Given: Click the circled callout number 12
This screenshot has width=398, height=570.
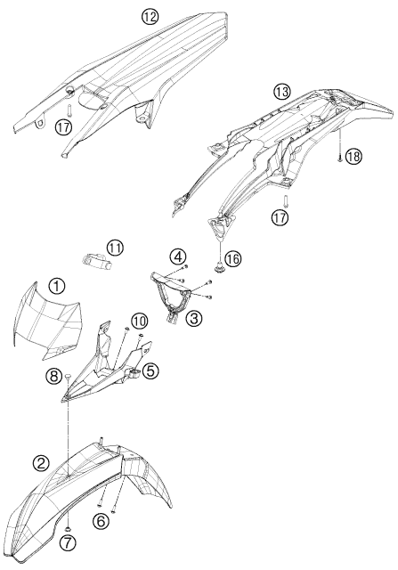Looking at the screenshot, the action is tap(150, 18).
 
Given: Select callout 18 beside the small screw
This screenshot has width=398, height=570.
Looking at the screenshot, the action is tap(353, 157).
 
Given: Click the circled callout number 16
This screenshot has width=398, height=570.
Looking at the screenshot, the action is tap(232, 259).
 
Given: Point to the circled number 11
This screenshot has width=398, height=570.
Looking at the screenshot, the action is tap(115, 248).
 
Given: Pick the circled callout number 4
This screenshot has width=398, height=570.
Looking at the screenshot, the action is tap(177, 257).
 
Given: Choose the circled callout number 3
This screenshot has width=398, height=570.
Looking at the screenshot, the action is tap(193, 319).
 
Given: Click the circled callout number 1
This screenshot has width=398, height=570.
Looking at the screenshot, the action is tap(57, 286).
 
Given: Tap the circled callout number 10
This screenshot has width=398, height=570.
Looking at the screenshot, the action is tap(140, 321).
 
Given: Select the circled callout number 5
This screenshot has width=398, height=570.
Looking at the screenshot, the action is tap(150, 370).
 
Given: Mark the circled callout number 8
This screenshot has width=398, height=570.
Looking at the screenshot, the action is tap(53, 377).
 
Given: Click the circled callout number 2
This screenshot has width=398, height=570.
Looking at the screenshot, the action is tap(41, 463).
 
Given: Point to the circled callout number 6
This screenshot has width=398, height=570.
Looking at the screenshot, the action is tap(101, 521).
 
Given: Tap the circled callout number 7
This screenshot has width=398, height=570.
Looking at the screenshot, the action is tap(68, 543).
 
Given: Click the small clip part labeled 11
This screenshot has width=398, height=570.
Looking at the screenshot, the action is tap(95, 261).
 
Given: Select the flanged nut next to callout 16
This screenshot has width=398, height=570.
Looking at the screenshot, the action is tap(220, 268).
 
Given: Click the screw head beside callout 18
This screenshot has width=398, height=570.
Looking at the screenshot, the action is tap(339, 159).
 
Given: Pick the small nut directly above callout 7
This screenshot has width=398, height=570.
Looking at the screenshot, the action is tap(69, 528).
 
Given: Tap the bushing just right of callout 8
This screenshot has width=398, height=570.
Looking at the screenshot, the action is tap(68, 377).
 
